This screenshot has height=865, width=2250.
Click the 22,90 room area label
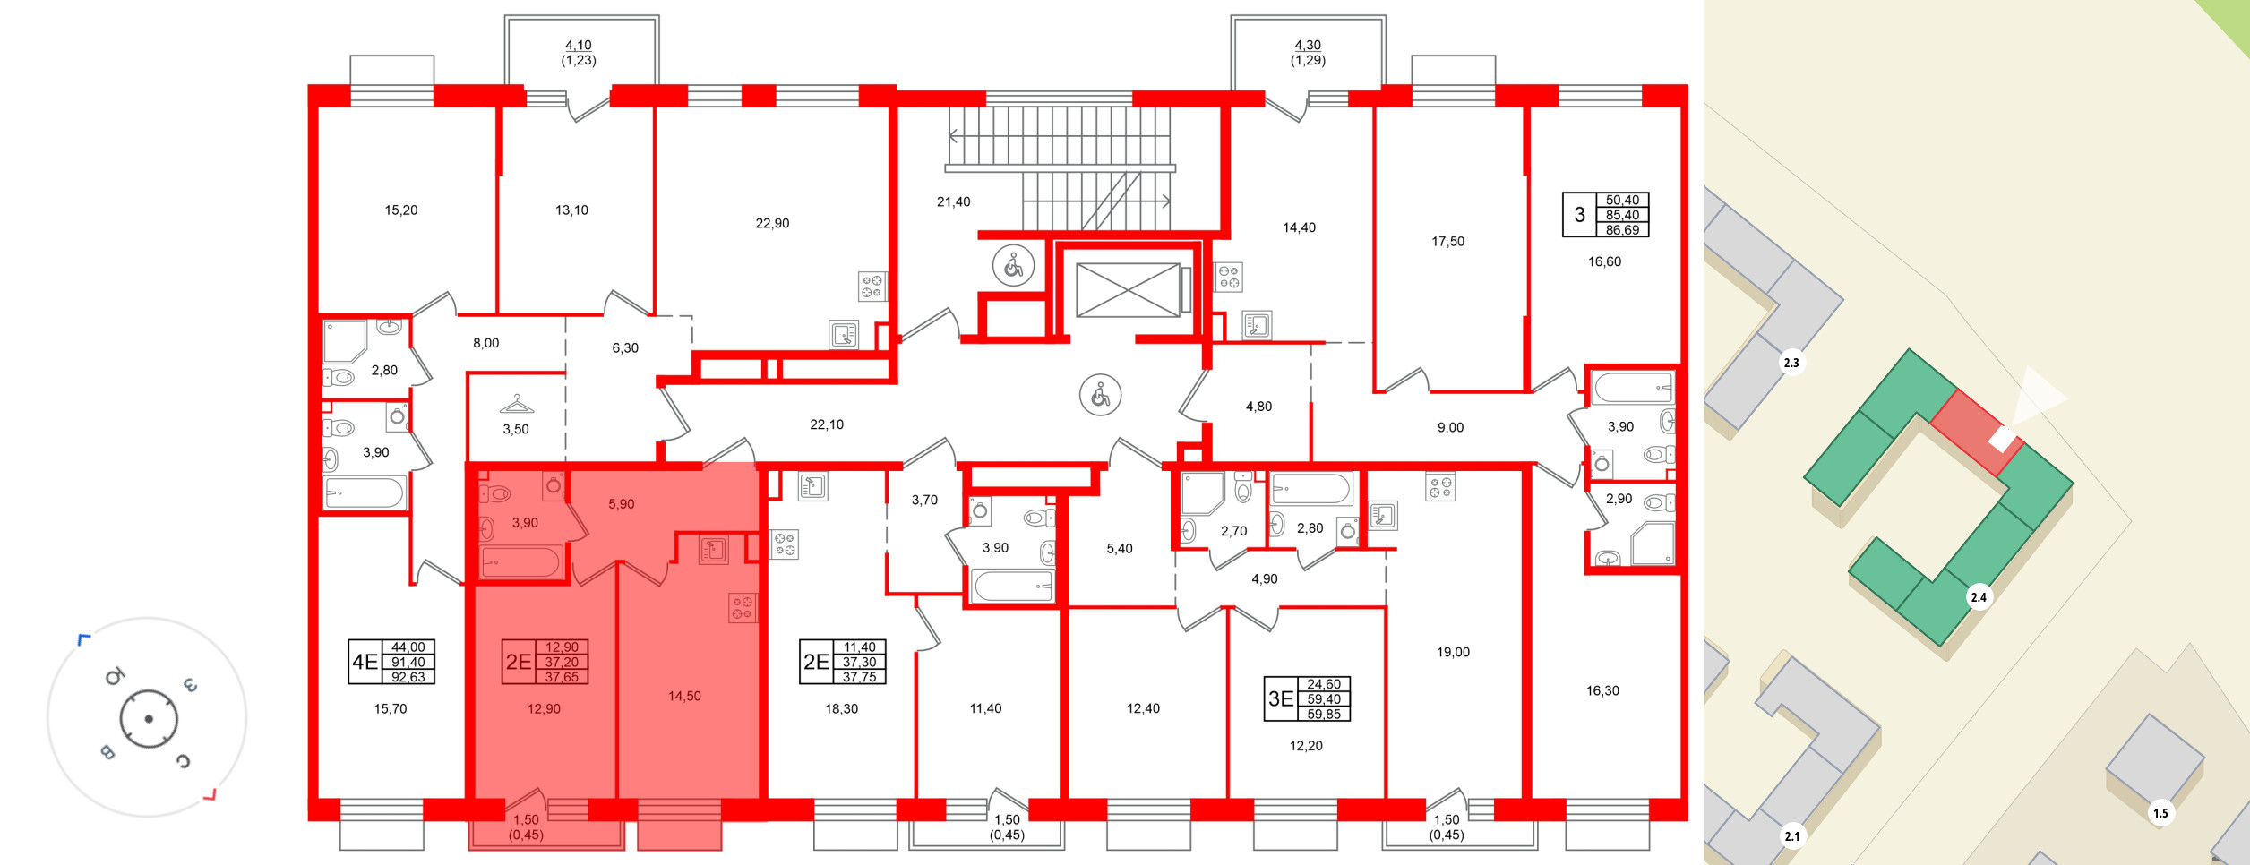coord(772,223)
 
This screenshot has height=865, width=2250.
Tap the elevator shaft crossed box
coord(1128,290)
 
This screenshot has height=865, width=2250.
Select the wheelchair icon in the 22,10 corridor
coord(1100,395)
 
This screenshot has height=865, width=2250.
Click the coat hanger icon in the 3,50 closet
coord(517,404)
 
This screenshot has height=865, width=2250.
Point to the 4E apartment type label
coord(365,662)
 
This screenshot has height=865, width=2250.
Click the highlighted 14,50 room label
coord(684,696)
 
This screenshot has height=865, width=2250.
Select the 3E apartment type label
coord(1281,699)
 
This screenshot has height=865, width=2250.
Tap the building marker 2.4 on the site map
coord(1979,597)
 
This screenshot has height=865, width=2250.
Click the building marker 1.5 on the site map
coord(2160,813)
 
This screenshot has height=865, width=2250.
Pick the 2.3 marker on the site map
coord(1791,363)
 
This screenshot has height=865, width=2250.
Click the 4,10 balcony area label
coord(579,45)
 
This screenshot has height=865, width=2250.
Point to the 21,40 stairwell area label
coord(953,202)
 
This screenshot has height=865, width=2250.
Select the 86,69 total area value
coord(1622,230)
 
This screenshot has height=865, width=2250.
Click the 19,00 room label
coord(1453,652)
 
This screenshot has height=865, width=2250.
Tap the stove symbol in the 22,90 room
coord(872,287)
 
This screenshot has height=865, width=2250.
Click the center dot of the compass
coord(149,719)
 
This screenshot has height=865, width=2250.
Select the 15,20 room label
coord(401,210)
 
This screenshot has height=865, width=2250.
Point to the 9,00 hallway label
coord(1450,428)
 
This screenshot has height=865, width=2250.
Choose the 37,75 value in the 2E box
coord(859,677)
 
